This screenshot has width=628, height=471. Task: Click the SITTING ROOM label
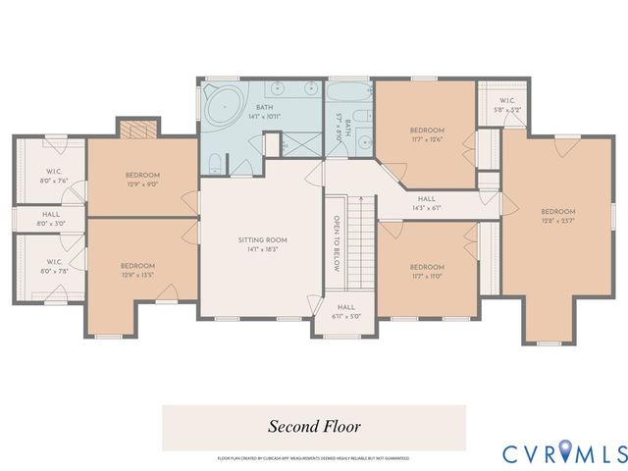262,239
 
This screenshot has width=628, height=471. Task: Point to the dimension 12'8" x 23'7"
557,221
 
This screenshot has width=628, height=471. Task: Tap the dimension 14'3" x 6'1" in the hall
426,208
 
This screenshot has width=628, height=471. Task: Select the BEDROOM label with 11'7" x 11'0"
426,267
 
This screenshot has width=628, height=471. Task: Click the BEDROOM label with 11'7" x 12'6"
427,130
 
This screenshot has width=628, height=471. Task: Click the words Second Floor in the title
315,427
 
